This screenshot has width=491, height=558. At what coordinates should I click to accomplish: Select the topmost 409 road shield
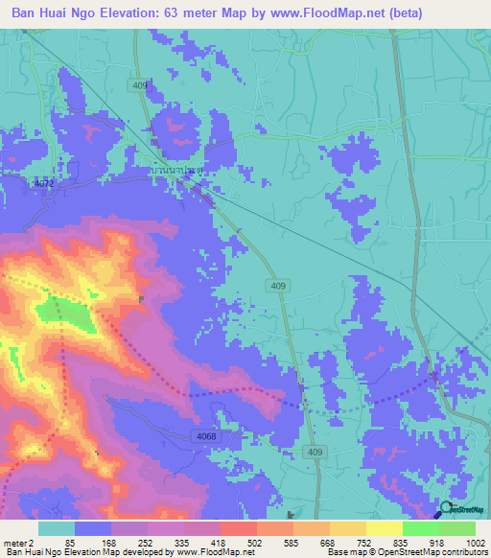(141, 86)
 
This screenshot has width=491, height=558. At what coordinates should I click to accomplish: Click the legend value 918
(438, 542)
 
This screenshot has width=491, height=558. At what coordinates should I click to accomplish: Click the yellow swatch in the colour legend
(384, 528)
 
